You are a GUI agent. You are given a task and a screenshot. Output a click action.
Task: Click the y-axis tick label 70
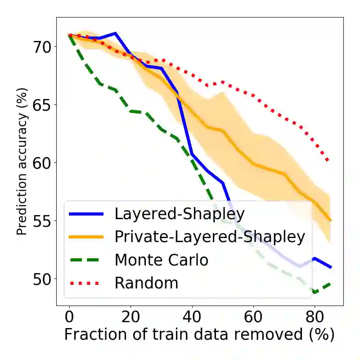coord(43,46)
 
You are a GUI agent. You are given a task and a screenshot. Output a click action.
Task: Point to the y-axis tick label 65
coord(43,104)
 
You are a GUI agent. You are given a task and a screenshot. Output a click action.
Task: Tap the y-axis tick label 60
coord(43,162)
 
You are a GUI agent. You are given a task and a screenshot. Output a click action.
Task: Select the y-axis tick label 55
coord(43,220)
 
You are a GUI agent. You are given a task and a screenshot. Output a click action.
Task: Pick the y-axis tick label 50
coord(43,279)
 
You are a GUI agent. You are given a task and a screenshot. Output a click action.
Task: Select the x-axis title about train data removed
coord(199,335)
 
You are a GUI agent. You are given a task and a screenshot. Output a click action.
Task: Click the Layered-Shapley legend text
coord(176,213)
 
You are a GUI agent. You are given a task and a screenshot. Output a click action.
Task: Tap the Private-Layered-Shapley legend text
coord(210,236)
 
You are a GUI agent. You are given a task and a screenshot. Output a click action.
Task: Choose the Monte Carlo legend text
coord(161,260)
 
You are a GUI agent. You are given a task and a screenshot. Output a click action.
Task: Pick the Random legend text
coord(146,283)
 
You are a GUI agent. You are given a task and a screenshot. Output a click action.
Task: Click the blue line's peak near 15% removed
coord(115,33)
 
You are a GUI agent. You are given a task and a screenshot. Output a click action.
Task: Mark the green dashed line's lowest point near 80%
coord(315,292)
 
